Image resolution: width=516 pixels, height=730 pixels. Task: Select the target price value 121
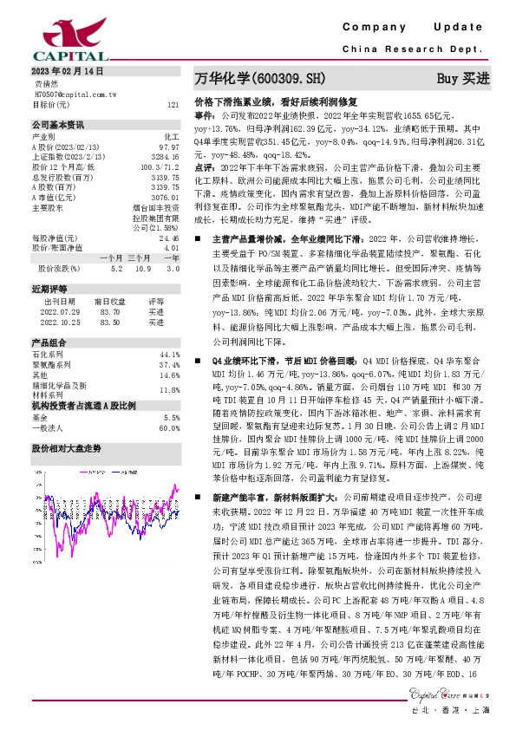coord(173,104)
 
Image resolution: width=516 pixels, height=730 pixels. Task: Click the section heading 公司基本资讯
coord(58,124)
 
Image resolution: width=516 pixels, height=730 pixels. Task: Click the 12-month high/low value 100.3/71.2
coord(162,166)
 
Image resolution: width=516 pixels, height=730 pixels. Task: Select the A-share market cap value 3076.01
coord(166,198)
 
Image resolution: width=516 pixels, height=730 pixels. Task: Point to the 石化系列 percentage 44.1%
coord(170,355)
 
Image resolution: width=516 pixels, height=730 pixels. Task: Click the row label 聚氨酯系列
coord(51,365)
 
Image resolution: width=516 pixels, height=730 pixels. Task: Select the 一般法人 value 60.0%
coord(170,427)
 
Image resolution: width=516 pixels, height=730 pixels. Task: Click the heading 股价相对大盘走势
coord(67,447)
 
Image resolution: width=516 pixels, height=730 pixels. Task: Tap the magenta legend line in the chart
coord(85,473)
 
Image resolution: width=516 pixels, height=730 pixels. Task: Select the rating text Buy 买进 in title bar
coord(463,78)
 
